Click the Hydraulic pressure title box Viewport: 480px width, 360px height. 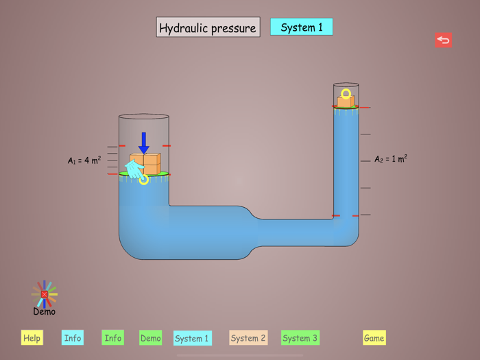pyautogui.click(x=208, y=27)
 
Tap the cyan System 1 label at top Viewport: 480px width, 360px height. pyautogui.click(x=302, y=27)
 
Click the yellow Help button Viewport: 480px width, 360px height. pyautogui.click(x=32, y=337)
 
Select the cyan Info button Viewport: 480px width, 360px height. pyautogui.click(x=72, y=337)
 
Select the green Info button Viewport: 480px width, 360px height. pyautogui.click(x=112, y=337)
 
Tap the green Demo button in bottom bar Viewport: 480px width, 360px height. pyautogui.click(x=150, y=337)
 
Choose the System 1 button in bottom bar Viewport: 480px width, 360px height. pyautogui.click(x=192, y=338)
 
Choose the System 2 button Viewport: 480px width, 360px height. pyautogui.click(x=248, y=337)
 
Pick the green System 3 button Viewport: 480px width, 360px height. pyautogui.click(x=300, y=337)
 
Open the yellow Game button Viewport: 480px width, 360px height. pyautogui.click(x=374, y=337)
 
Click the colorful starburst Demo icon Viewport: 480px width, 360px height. pyautogui.click(x=45, y=294)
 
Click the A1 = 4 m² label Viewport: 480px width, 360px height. pyautogui.click(x=84, y=160)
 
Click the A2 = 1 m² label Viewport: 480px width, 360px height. pyautogui.click(x=391, y=159)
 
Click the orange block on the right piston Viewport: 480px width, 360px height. pyautogui.click(x=346, y=102)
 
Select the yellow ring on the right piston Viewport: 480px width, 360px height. pyautogui.click(x=346, y=93)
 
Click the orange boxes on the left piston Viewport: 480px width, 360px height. pyautogui.click(x=147, y=163)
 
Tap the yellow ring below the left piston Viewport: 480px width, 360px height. pyautogui.click(x=143, y=180)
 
